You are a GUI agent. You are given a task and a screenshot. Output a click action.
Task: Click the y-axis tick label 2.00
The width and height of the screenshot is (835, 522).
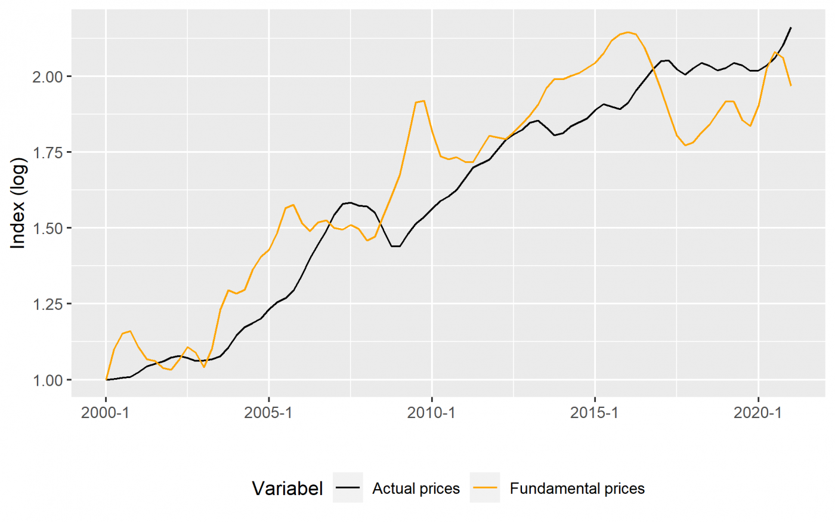[47, 76]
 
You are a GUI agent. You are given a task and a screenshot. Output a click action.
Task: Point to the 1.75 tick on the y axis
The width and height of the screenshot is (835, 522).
[47, 152]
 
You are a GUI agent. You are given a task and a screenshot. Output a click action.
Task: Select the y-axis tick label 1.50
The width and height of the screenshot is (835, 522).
[47, 228]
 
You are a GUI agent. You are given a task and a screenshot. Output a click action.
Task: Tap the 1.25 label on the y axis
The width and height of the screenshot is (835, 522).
[47, 304]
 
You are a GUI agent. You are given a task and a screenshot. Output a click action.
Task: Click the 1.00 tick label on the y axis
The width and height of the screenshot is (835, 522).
[47, 380]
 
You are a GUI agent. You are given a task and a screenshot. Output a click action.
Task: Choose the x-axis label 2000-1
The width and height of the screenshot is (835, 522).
[106, 413]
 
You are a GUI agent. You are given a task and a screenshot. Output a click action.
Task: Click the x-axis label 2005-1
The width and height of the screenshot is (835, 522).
[268, 413]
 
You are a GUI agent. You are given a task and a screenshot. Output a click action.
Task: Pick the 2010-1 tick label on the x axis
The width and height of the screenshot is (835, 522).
[432, 413]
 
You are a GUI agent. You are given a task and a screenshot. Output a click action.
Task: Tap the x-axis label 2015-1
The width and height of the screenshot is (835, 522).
[595, 413]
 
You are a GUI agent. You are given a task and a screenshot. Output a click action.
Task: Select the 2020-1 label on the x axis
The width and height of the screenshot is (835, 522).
[757, 413]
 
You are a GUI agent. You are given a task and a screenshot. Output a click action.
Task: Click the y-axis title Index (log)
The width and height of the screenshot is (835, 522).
[18, 203]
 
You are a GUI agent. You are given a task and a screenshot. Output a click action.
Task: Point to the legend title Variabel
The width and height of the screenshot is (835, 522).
[287, 489]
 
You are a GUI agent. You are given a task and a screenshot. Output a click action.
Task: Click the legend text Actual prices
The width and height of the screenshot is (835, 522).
[416, 489]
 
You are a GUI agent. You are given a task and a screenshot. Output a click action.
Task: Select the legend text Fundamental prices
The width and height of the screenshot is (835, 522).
[577, 489]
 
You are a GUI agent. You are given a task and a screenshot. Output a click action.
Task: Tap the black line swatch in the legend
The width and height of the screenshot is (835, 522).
[348, 488]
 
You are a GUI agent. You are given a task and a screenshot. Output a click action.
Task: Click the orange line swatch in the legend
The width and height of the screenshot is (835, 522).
[485, 488]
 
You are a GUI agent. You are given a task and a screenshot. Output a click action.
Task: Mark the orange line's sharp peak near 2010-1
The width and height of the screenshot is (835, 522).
[423, 101]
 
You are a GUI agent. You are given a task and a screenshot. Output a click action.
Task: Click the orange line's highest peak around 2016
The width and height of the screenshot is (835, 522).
[628, 32]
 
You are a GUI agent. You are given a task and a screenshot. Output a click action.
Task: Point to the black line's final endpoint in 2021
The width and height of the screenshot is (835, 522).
[791, 27]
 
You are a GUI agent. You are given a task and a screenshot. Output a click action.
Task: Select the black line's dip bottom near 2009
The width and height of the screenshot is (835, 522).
[395, 246]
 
